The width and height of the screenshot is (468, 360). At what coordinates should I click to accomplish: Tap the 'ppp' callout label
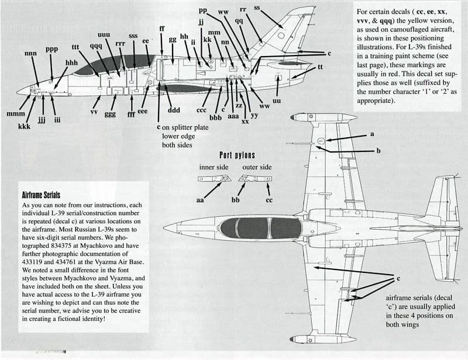point(52,49)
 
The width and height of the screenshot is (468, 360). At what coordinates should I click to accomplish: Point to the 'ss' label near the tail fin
point(257,8)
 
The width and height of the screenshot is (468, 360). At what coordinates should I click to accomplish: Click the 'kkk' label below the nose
point(24,126)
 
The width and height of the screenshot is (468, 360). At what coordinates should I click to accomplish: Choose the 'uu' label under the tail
point(277,101)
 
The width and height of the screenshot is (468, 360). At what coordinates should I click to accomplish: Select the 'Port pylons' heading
point(237,155)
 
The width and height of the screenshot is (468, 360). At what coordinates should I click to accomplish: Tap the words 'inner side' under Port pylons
point(214,168)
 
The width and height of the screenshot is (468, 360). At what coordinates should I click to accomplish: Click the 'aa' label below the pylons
point(199,200)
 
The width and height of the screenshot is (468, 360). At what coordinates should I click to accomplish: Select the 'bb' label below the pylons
point(236,200)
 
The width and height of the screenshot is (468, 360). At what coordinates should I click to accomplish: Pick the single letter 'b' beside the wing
point(378,151)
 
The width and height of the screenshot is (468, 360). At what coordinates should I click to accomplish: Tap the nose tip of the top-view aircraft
point(166,227)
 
